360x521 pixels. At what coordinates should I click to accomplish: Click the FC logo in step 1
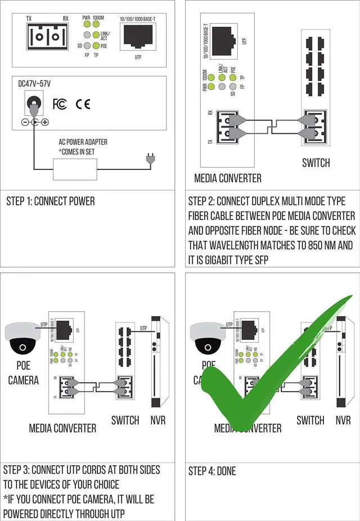click(x=59, y=104)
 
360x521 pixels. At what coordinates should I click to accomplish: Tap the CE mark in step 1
click(x=83, y=104)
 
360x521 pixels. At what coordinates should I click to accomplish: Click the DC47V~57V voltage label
click(x=34, y=84)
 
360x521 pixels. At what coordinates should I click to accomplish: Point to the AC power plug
click(x=150, y=160)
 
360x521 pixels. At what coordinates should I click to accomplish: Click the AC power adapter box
click(x=75, y=169)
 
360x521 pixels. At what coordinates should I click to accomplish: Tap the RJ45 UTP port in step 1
click(x=137, y=38)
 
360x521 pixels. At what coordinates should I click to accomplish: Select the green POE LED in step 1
click(x=96, y=46)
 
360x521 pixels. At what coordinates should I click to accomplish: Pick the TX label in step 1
click(x=29, y=19)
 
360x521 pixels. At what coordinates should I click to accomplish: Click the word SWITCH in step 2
click(x=316, y=163)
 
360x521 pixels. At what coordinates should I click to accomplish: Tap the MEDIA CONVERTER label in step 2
click(x=228, y=178)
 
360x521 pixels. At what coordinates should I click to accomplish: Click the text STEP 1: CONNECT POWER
click(x=51, y=201)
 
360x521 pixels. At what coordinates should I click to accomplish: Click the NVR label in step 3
click(x=158, y=420)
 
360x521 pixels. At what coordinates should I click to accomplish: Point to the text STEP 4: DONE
click(x=213, y=471)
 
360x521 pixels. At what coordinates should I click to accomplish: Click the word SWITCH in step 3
click(x=125, y=420)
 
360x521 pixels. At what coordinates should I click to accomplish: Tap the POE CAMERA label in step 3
click(x=23, y=373)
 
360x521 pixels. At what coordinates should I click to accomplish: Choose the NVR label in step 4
click(x=343, y=420)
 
